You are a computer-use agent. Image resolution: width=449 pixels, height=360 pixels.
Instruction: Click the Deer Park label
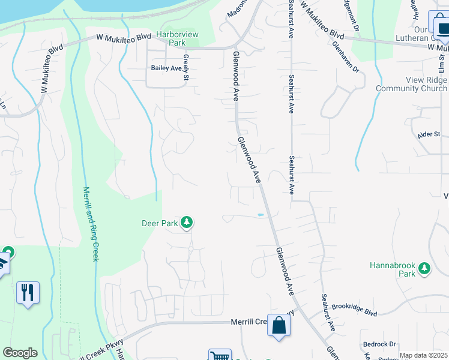point(159,223)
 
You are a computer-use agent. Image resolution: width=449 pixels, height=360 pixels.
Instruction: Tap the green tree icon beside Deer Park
point(187,223)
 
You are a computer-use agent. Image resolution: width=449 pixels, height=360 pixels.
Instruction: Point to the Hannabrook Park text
point(393,269)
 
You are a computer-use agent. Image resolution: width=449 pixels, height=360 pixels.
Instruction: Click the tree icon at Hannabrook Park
point(425,268)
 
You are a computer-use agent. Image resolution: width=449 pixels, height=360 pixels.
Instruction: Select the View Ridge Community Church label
point(411,85)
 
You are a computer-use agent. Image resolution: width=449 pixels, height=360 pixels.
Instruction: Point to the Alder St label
point(429,134)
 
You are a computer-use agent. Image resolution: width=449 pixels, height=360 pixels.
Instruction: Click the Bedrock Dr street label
point(379,344)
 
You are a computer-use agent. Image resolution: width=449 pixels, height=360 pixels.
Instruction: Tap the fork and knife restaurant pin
point(28,293)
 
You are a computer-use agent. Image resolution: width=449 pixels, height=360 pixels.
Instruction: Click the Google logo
point(20,353)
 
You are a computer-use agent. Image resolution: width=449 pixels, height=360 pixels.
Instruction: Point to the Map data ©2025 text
point(423,355)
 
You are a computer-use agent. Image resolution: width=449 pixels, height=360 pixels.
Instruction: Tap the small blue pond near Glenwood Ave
point(261,214)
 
